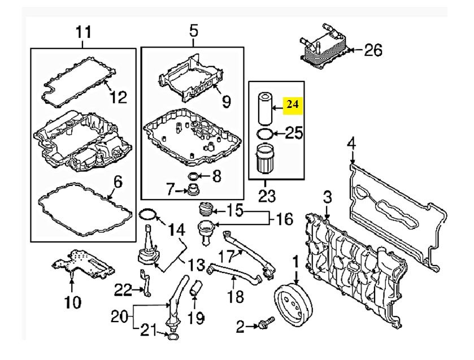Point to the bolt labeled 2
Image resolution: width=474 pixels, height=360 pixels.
(263, 325)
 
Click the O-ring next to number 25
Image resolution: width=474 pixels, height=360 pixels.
(265, 133)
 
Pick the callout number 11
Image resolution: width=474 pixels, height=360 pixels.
(83, 32)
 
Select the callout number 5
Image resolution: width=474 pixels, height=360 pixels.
(193, 32)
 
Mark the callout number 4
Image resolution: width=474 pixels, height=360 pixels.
(351, 144)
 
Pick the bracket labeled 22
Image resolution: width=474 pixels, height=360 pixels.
(145, 284)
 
